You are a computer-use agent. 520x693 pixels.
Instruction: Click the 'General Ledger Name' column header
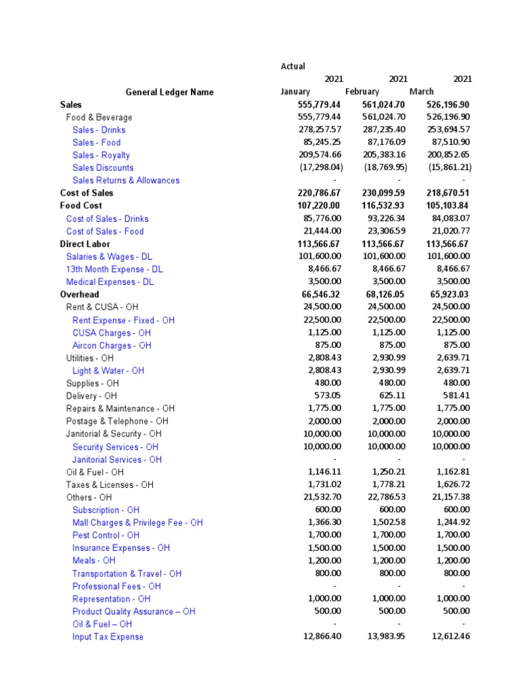pyautogui.click(x=169, y=92)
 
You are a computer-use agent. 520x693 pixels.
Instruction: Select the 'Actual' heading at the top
pyautogui.click(x=292, y=66)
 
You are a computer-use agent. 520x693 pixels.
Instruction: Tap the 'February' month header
pyautogui.click(x=362, y=92)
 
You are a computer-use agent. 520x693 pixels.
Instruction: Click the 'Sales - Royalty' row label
pyautogui.click(x=101, y=155)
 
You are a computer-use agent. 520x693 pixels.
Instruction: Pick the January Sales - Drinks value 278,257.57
pyautogui.click(x=320, y=130)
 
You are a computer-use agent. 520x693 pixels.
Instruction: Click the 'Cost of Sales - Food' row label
pyautogui.click(x=105, y=231)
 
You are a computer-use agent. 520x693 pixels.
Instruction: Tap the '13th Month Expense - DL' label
pyautogui.click(x=114, y=269)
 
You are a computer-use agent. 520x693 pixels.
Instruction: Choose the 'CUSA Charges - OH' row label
pyautogui.click(x=112, y=333)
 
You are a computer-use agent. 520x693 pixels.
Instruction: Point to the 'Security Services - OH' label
pyautogui.click(x=115, y=447)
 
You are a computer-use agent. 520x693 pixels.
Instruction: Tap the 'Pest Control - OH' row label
pyautogui.click(x=106, y=535)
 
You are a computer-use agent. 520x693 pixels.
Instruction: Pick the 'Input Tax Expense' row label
pyautogui.click(x=108, y=637)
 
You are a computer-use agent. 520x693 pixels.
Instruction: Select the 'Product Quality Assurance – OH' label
pyautogui.click(x=133, y=612)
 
